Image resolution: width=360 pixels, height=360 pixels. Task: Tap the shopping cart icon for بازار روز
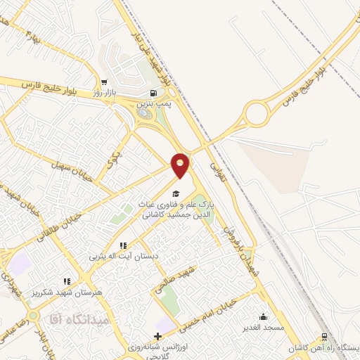(105, 82)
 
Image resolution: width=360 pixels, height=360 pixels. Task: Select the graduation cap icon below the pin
(176, 194)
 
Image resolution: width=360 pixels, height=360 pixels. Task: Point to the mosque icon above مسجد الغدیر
(264, 316)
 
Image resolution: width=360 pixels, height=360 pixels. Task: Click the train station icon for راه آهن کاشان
(323, 336)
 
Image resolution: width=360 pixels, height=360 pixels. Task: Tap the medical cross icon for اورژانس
(158, 335)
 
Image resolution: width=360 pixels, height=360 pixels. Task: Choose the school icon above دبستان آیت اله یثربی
(122, 245)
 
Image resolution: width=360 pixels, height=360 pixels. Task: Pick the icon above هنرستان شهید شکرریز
(67, 281)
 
